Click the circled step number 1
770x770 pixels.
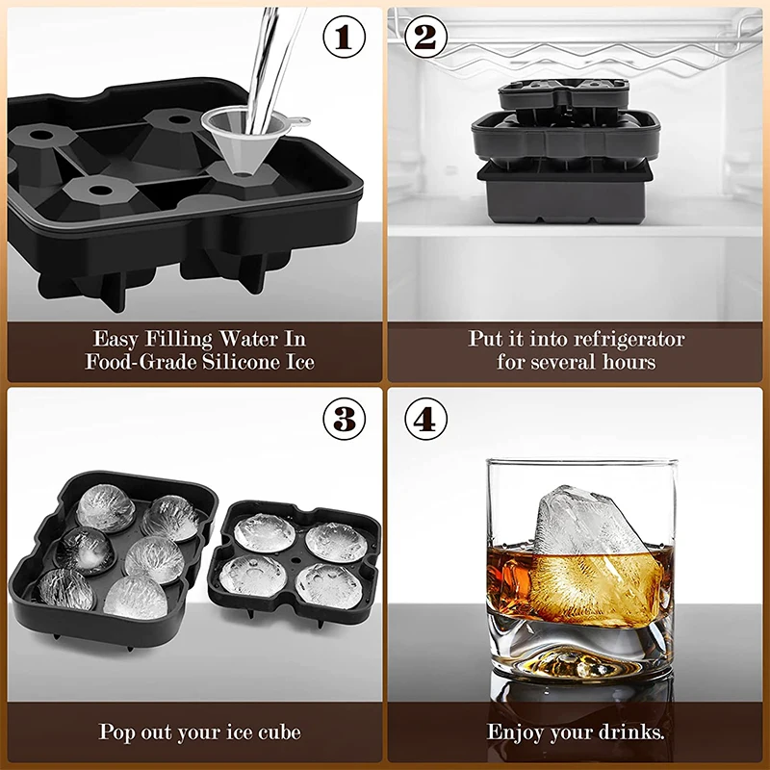click(x=344, y=38)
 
